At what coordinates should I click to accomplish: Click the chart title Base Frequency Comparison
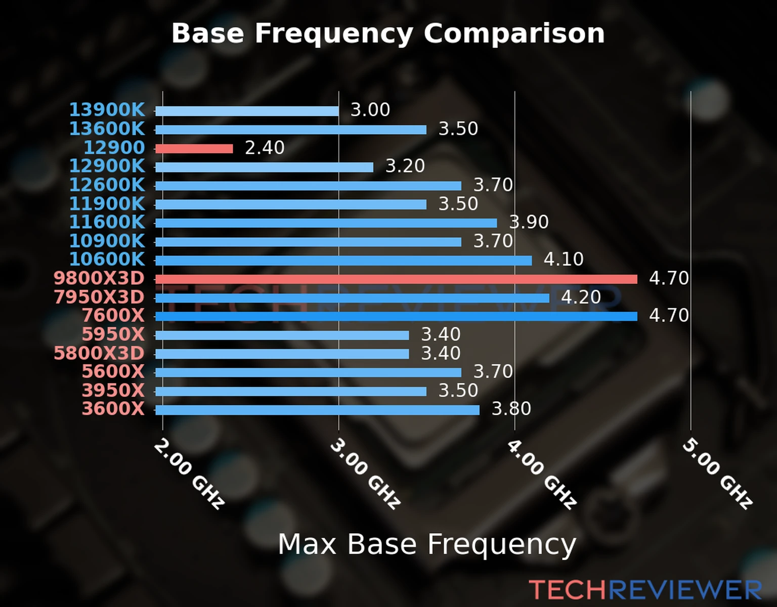(388, 33)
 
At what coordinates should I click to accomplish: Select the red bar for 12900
(194, 149)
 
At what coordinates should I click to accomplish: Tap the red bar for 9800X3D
(396, 279)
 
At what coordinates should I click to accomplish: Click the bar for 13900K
(247, 111)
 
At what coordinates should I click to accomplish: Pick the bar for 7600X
(396, 317)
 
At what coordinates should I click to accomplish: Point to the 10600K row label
(107, 259)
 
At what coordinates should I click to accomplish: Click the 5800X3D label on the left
(99, 353)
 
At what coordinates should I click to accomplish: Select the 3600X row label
(113, 409)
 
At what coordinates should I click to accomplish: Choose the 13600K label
(107, 129)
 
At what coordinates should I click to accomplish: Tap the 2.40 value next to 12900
(265, 148)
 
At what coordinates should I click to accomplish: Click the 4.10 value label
(564, 259)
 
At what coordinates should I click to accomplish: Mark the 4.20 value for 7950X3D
(581, 297)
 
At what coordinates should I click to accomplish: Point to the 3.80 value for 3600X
(511, 409)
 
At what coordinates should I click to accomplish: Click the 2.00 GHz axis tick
(188, 474)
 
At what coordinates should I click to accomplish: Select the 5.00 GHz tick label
(717, 474)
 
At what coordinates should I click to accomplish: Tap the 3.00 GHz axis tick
(365, 474)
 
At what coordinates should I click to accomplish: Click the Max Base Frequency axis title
(427, 544)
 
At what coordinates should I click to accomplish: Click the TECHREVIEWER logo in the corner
(645, 590)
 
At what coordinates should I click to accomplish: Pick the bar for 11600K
(326, 223)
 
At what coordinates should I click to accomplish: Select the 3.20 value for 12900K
(405, 166)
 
